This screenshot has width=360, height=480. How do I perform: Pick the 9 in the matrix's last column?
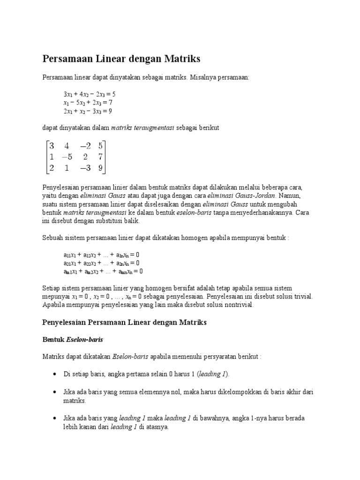pos(100,167)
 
